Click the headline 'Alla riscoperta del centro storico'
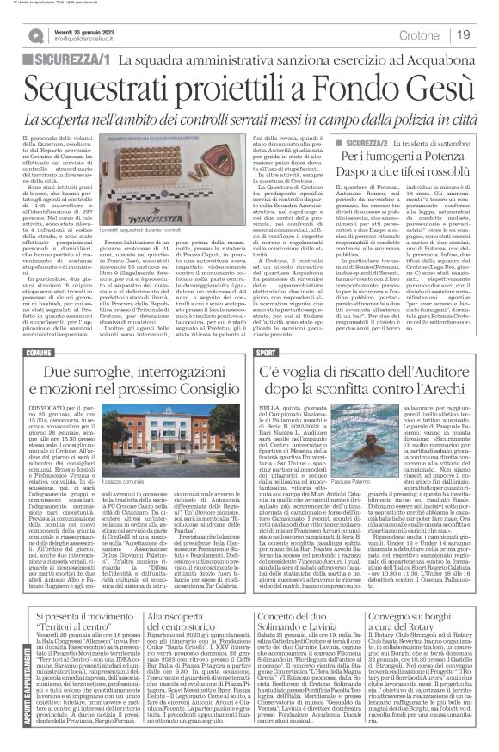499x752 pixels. [x=180, y=615]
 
